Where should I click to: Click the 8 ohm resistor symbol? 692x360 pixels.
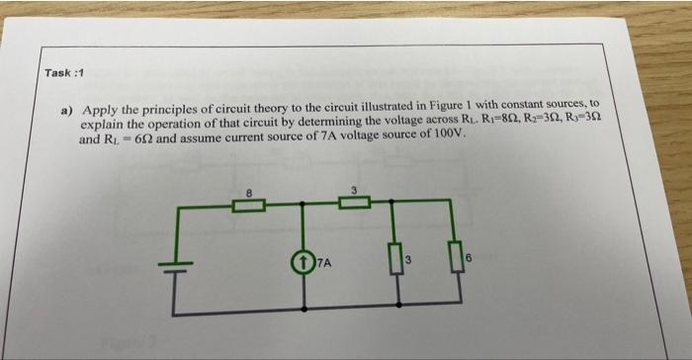[249, 206]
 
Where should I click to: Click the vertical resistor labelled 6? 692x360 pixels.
[456, 263]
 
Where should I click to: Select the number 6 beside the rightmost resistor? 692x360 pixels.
[471, 259]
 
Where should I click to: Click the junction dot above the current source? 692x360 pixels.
[301, 206]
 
